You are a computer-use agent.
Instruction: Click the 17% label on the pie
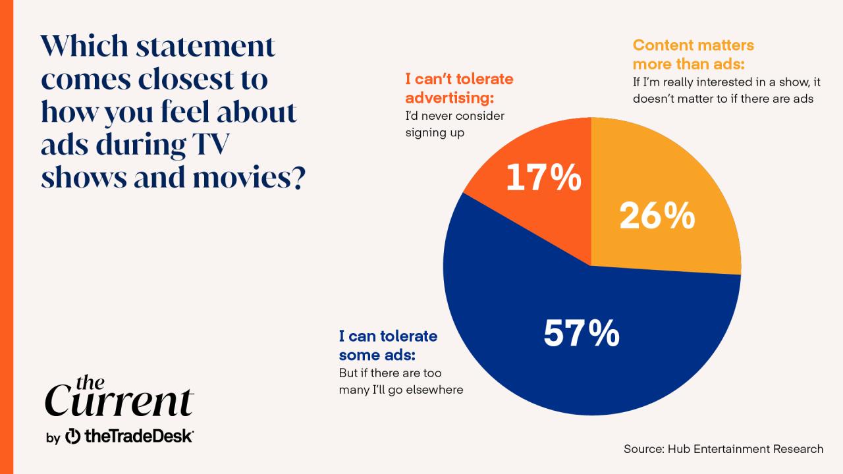[x=543, y=178]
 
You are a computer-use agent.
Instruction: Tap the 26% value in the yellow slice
[x=657, y=216]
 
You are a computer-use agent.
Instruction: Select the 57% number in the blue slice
[x=581, y=334]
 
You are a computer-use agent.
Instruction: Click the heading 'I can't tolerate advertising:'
[x=459, y=88]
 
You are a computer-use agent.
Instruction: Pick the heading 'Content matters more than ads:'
[x=693, y=55]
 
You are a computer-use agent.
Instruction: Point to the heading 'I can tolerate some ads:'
[x=388, y=346]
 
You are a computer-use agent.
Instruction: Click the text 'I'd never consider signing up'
[x=454, y=124]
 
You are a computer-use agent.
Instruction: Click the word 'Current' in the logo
[x=119, y=401]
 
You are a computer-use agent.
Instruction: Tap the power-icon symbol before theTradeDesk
[x=74, y=436]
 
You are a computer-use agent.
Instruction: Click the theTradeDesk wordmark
[x=138, y=436]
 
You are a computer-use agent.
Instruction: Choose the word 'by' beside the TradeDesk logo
[x=53, y=437]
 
